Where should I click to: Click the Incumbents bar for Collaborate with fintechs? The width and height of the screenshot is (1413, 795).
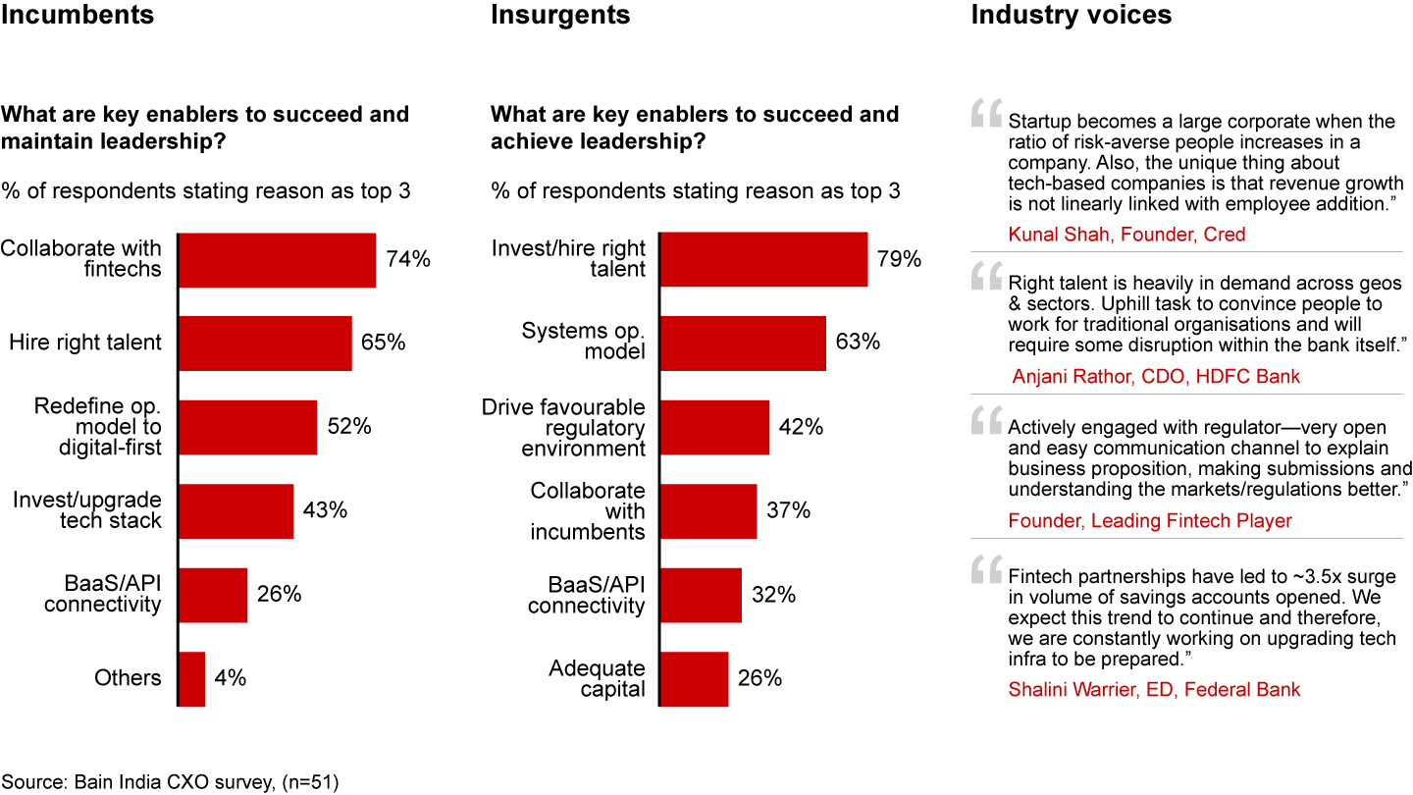coord(277,260)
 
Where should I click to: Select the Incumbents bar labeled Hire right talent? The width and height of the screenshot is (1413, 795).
coord(265,344)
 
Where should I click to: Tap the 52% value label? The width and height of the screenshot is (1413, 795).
coord(348,427)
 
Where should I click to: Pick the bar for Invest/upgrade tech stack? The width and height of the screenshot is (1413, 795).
coord(235,510)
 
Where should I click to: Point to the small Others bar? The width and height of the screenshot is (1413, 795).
coord(191,678)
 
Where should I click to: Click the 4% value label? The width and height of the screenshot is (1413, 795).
coord(231,678)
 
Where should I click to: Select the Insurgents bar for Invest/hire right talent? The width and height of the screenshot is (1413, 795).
coord(763,259)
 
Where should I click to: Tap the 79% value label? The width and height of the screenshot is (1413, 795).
coord(899,259)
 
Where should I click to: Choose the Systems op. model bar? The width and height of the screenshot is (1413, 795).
coord(743,343)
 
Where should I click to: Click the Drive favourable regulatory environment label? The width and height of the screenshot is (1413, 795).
coord(563,428)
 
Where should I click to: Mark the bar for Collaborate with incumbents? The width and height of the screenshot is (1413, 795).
coord(708,510)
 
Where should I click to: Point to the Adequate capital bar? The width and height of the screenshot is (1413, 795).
coord(695,678)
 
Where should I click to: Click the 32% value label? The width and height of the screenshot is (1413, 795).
coord(774,595)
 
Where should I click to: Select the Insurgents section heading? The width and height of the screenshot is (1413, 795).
coord(560,16)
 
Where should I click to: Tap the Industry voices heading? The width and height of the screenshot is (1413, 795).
coord(1071,16)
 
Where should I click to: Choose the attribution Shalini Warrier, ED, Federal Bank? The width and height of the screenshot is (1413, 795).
coord(1154,689)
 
